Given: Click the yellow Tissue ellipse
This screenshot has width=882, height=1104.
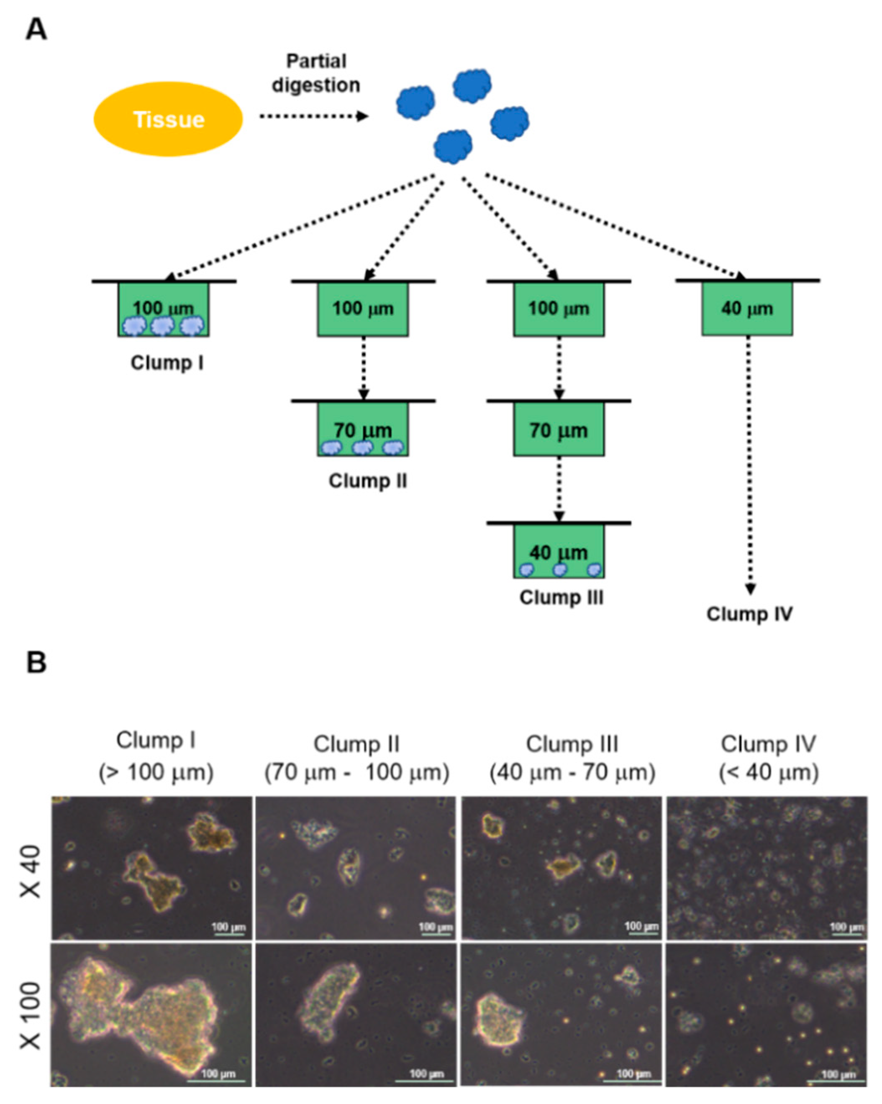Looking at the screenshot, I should click(168, 119).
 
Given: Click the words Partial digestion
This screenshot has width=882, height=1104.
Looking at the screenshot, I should click(316, 73).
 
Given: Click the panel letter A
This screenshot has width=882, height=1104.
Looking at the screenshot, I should click(36, 30).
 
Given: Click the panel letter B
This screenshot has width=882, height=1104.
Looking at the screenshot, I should click(36, 662).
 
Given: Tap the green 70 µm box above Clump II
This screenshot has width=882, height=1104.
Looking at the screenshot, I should click(363, 429).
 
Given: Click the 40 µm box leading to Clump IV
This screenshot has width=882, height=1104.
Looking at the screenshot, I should click(747, 309).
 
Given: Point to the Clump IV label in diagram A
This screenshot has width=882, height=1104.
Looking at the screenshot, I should click(749, 613).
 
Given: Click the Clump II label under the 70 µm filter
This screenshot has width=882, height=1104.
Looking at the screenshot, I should click(368, 481).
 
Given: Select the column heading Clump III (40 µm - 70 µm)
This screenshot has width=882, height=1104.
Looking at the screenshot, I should click(572, 758).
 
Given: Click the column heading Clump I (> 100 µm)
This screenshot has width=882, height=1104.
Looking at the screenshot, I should click(156, 756).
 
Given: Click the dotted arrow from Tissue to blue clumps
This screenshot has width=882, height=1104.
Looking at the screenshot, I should click(313, 116).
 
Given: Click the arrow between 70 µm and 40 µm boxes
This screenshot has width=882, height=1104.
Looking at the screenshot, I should click(559, 489).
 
